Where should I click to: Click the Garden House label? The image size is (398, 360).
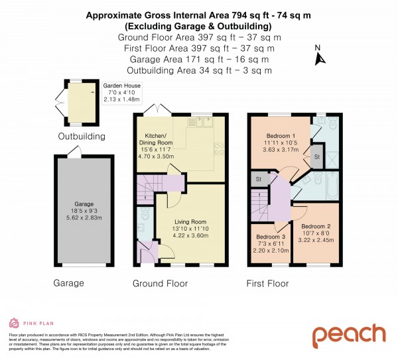121,86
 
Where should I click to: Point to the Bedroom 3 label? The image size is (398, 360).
272,237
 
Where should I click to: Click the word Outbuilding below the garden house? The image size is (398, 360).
82,137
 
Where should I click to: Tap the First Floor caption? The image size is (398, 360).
267,284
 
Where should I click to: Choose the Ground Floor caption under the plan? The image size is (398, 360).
160,284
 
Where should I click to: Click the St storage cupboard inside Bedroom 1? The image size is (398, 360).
316,157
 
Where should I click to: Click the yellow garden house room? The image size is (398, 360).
77,106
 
